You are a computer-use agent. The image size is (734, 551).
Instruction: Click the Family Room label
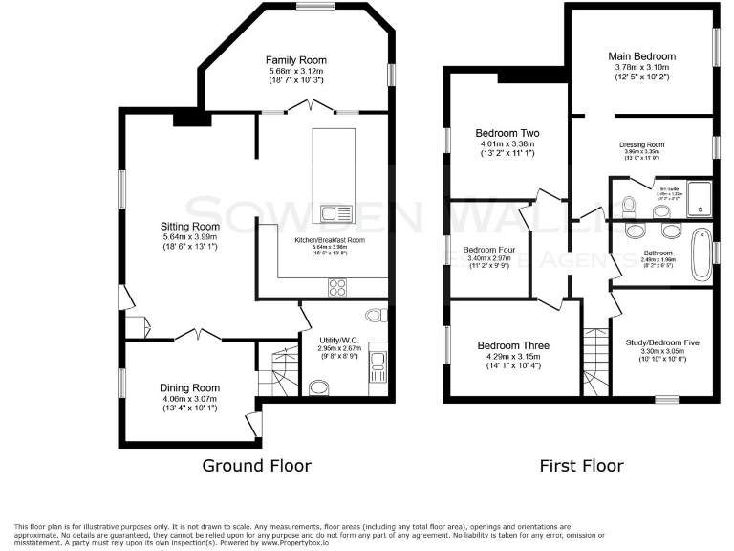295,59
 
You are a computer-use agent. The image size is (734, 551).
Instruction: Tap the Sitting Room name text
189,227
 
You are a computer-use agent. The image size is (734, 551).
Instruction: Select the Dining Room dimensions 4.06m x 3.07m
189,398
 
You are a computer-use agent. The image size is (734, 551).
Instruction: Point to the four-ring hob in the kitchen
339,285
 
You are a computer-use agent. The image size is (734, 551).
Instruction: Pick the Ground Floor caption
256,466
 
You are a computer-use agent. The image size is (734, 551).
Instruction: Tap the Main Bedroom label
641,56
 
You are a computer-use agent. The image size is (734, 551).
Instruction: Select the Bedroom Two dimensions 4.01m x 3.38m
507,145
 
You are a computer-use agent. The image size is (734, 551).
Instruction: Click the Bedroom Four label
488,249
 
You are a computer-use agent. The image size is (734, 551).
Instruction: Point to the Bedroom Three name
513,345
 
